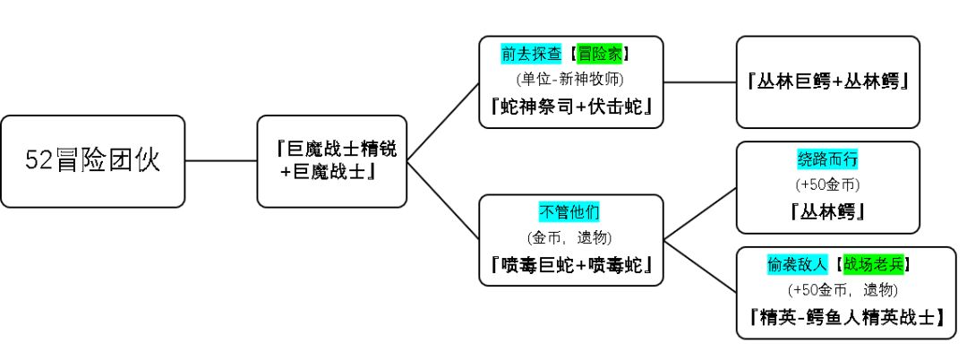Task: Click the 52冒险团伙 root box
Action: click(92, 161)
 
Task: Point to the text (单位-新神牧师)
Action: click(570, 78)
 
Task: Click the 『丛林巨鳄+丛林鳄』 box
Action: click(827, 81)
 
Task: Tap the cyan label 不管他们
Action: click(570, 212)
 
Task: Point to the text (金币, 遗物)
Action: click(570, 237)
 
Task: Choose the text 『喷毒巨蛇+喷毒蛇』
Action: click(570, 266)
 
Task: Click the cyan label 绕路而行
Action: click(827, 160)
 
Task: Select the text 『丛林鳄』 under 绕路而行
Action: click(827, 213)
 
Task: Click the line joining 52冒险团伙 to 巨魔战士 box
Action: click(220, 161)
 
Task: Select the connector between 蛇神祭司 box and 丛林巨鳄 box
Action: click(699, 81)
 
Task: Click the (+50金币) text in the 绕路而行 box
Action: click(827, 186)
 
